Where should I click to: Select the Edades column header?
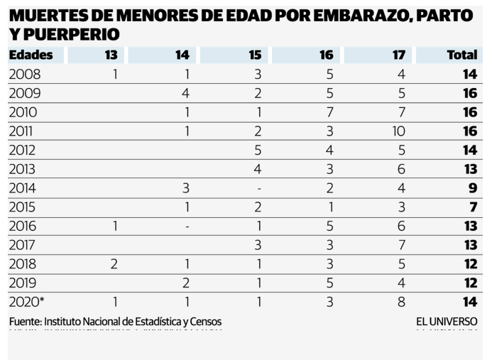point(32,55)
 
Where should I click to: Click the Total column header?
point(462,55)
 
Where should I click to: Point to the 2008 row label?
point(25,74)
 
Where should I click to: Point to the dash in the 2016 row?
point(185,226)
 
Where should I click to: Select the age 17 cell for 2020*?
point(401,302)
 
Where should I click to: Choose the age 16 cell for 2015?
point(331,207)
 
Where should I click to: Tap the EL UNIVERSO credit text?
point(447,322)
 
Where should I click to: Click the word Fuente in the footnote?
point(24,322)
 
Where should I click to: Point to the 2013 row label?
point(25,169)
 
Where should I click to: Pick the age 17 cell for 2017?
point(401,245)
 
